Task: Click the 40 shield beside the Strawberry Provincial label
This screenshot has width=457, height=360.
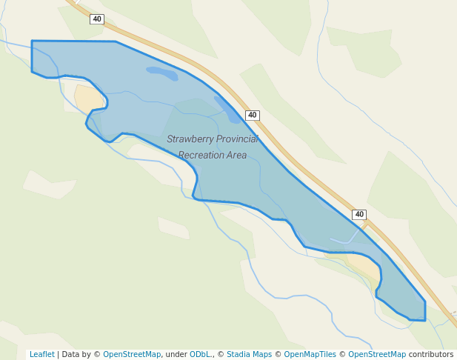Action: [x=253, y=115]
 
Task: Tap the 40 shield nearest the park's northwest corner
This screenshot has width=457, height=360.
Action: [x=97, y=19]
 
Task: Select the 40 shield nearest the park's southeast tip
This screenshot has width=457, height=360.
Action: [x=359, y=214]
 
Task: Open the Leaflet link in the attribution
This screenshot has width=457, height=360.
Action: [x=41, y=355]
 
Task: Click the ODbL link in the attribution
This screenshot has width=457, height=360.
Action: [x=200, y=355]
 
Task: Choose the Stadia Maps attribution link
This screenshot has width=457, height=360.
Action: [x=249, y=355]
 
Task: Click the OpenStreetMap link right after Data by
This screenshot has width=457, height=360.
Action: [x=132, y=355]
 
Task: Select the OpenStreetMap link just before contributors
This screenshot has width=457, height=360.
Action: [x=377, y=355]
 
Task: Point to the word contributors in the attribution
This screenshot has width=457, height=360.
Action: [x=431, y=355]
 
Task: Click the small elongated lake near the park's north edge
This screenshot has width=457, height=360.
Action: [x=162, y=73]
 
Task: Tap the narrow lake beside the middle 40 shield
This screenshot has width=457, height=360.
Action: [x=228, y=109]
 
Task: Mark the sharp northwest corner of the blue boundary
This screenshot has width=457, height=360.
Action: [x=32, y=41]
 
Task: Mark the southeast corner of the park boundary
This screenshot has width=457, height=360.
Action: [x=424, y=320]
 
